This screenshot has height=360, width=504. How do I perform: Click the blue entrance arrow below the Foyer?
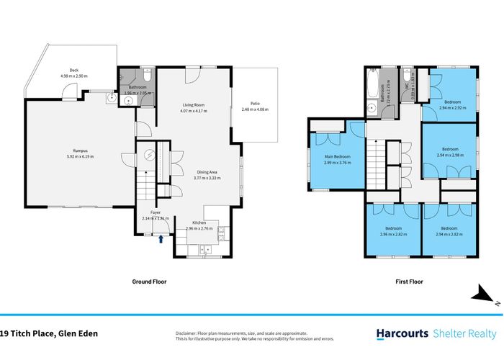pyautogui.click(x=161, y=240)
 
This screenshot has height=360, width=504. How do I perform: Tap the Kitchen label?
pyautogui.click(x=199, y=223)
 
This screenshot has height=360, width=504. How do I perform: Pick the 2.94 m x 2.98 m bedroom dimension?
pyautogui.click(x=450, y=155)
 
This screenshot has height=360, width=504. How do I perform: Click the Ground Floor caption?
pyautogui.click(x=149, y=282)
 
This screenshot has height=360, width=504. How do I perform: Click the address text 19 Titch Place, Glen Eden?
pyautogui.click(x=49, y=333)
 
